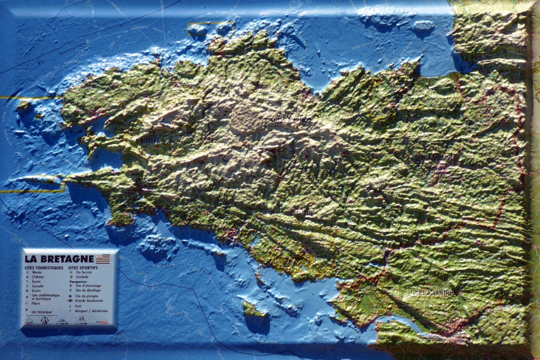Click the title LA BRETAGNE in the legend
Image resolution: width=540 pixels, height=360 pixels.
click(59, 259)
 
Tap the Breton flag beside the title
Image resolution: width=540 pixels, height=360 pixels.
click(103, 259)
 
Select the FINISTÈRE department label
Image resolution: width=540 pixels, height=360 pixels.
click(148, 140)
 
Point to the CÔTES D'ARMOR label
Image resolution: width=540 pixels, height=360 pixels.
click(291, 120)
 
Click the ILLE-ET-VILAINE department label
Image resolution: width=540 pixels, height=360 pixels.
click(433, 158)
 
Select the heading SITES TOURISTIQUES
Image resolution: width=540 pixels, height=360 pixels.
click(44, 267)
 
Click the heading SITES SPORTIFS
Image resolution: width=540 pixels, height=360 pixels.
click(84, 267)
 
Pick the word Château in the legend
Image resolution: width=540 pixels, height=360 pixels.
click(38, 277)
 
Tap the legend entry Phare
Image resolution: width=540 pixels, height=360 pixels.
click(36, 303)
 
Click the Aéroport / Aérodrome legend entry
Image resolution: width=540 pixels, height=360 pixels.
click(92, 311)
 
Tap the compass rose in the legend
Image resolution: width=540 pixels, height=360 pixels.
click(44, 320)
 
